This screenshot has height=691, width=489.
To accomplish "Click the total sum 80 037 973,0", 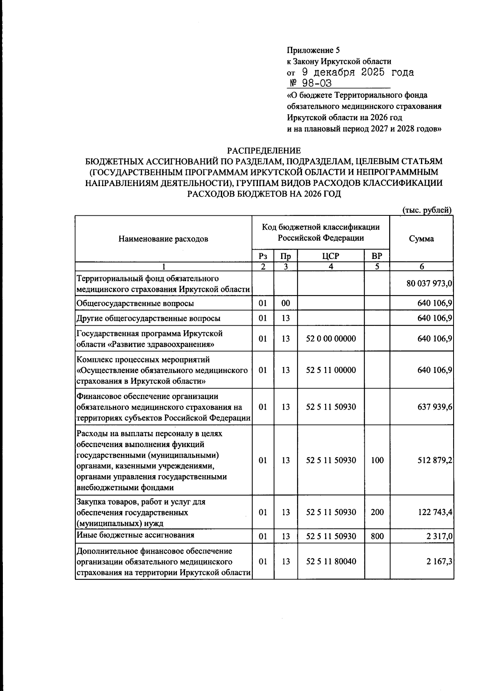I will pyautogui.click(x=429, y=283).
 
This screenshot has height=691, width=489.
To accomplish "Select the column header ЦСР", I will pyautogui.click(x=330, y=256).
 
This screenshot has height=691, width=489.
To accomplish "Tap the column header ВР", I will pyautogui.click(x=377, y=256).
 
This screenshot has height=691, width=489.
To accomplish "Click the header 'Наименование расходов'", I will pyautogui.click(x=163, y=239).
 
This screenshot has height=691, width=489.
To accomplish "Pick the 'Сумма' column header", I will pyautogui.click(x=421, y=239).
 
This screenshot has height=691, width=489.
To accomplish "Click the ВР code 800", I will pyautogui.click(x=377, y=536).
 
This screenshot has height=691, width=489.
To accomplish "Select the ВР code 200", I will pyautogui.click(x=377, y=512).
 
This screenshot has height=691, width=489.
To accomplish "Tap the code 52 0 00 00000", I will pyautogui.click(x=330, y=339).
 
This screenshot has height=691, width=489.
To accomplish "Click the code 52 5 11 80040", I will pyautogui.click(x=330, y=561).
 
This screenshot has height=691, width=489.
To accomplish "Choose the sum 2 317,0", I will pyautogui.click(x=439, y=536).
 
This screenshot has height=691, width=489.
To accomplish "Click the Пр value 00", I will pyautogui.click(x=285, y=303).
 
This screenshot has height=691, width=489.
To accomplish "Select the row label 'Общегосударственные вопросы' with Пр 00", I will pyautogui.click(x=135, y=303).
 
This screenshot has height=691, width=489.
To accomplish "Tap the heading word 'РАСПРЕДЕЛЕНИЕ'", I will pyautogui.click(x=264, y=151).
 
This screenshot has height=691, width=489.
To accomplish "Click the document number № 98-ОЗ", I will pyautogui.click(x=310, y=83).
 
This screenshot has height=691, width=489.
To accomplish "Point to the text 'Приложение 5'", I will pyautogui.click(x=313, y=50).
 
